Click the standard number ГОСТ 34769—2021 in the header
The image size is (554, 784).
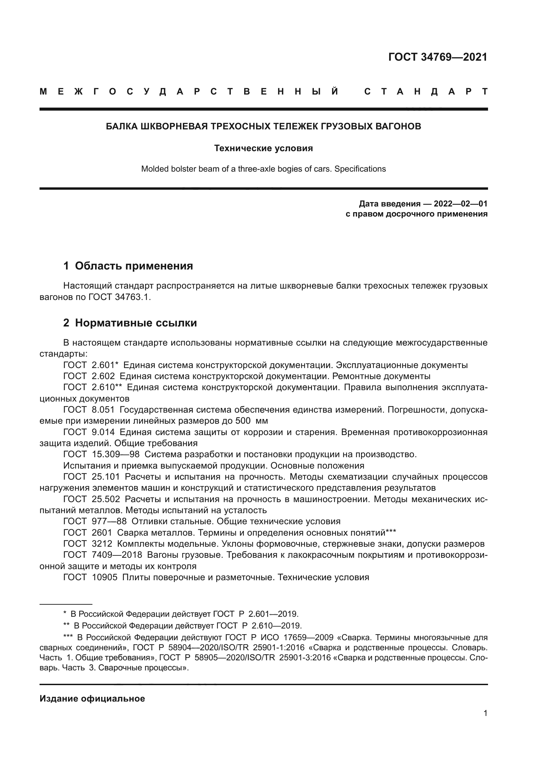coord(438,57)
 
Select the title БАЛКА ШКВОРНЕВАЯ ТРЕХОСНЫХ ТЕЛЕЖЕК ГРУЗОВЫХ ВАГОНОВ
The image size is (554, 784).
coord(263,126)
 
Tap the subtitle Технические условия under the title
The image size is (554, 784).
coord(263,148)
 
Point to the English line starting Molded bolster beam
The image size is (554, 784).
coord(263,169)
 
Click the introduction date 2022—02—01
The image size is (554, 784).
coord(461,204)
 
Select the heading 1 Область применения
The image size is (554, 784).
coord(128,266)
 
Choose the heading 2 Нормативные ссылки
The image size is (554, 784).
coord(130,323)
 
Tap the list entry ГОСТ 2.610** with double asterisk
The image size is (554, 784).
coord(93,387)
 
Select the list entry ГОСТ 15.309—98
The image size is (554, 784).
coord(101,455)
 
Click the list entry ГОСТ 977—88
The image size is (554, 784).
coord(95,522)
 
